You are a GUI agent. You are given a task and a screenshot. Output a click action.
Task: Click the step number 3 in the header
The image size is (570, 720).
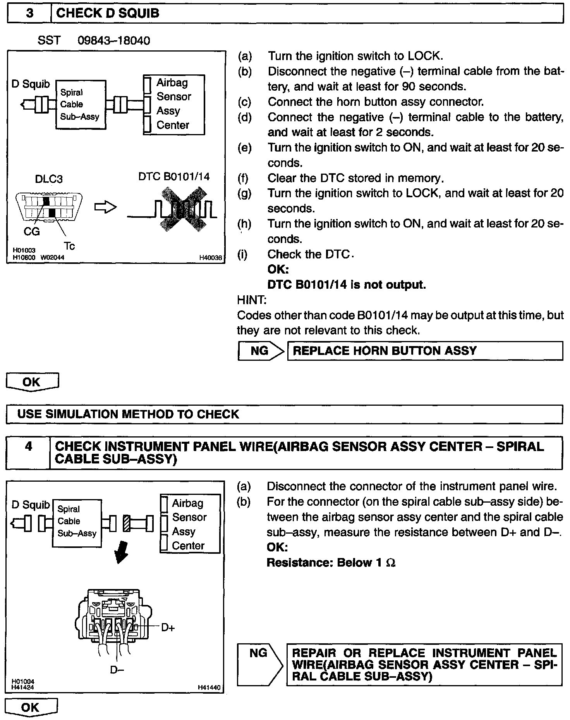click(29, 14)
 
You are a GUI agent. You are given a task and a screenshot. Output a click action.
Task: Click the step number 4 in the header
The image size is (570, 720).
click(28, 446)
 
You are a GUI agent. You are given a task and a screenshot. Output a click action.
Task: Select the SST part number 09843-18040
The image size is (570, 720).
click(114, 41)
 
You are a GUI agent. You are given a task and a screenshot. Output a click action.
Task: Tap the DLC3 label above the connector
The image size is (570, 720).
click(49, 179)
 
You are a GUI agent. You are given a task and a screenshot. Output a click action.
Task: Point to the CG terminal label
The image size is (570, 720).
click(32, 231)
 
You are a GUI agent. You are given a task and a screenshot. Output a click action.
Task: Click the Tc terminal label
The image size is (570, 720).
click(70, 246)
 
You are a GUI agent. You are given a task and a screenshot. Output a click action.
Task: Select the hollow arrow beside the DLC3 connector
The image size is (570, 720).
click(105, 207)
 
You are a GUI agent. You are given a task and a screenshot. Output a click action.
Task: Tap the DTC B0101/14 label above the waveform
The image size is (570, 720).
click(174, 177)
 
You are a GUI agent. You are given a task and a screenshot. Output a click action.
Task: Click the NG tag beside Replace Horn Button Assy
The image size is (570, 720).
click(260, 351)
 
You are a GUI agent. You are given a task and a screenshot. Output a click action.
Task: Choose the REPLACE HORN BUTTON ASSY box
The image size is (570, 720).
click(425, 351)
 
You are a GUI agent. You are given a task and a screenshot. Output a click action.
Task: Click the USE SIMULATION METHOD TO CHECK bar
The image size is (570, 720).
click(284, 414)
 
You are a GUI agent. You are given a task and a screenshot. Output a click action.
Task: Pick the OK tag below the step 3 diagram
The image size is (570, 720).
click(32, 382)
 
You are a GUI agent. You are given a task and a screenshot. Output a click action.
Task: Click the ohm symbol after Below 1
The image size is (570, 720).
click(391, 563)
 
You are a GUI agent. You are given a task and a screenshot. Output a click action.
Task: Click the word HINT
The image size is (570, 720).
click(252, 300)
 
